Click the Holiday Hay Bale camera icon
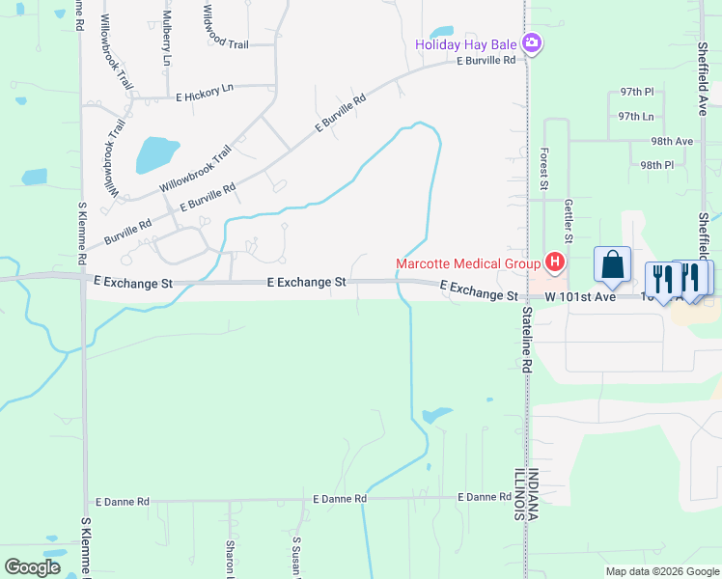pos(531,43)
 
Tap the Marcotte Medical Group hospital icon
pos(555,262)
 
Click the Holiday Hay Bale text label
pos(465,44)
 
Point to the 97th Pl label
pos(637,92)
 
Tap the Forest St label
pos(544,168)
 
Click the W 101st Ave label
pos(580,297)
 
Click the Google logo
pos(32,567)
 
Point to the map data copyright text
pos(661,571)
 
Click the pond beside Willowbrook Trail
pos(157,153)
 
